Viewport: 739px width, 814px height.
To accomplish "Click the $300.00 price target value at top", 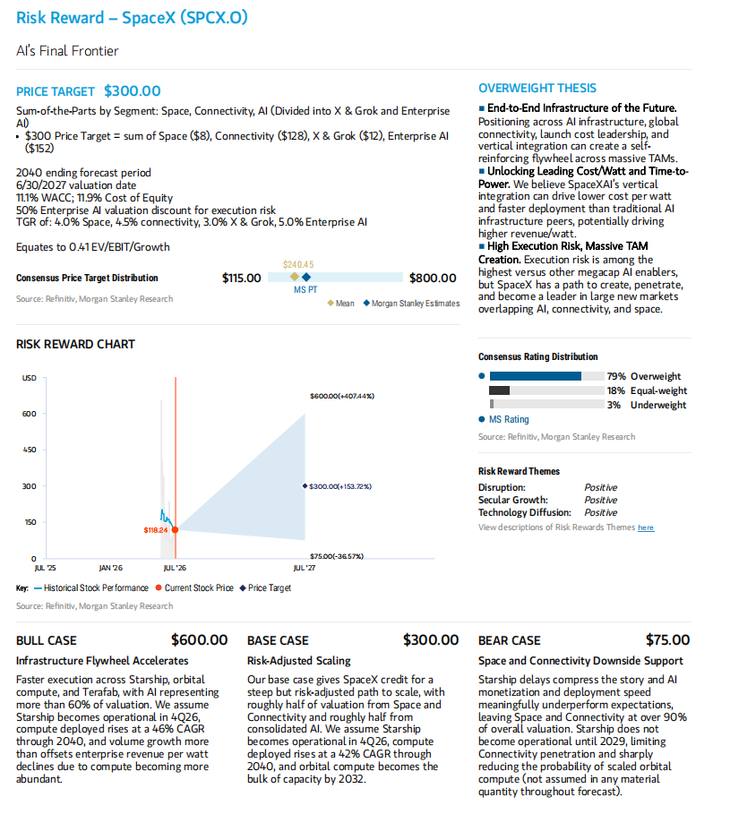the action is point(133,91).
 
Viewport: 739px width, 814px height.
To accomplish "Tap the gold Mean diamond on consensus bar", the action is point(295,277).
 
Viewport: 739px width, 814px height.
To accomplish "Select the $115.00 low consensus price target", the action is point(242,278).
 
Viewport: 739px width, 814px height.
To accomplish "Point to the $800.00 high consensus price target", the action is point(433,278).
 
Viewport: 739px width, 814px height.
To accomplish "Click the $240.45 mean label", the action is point(298,265).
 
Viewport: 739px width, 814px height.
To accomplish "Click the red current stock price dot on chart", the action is point(175,529).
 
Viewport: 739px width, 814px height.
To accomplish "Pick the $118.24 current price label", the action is point(156,530).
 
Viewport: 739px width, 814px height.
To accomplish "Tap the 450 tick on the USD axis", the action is point(30,450).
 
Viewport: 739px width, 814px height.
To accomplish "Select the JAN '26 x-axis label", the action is point(110,568).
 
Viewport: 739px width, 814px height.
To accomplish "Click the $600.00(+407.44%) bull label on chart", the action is point(342,396).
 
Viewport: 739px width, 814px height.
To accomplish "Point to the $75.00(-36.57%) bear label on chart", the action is point(337,556).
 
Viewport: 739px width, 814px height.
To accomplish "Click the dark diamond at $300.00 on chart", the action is point(305,486).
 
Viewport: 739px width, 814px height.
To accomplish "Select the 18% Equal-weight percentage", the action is point(616,391).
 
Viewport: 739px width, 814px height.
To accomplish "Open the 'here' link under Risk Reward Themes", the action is point(646,527).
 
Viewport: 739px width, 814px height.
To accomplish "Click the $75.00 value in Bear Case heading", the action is point(667,640).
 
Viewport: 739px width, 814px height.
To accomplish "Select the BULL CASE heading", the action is point(47,640).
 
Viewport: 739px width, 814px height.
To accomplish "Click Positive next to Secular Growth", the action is point(600,500).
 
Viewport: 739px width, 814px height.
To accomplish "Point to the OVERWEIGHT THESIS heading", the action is point(537,89).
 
